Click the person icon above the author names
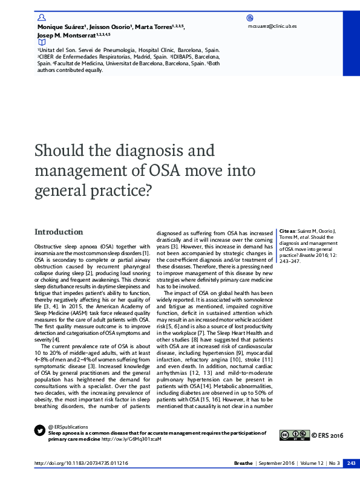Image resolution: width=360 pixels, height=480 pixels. click(41, 19)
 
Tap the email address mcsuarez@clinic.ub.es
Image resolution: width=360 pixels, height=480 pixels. click(272, 27)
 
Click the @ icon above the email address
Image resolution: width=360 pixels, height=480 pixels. click(250, 19)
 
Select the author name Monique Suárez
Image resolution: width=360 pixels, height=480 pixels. click(61, 28)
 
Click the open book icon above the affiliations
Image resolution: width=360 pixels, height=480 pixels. click(41, 43)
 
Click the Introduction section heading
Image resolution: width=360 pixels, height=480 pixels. click(59, 232)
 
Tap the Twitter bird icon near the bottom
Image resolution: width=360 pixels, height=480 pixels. click(41, 431)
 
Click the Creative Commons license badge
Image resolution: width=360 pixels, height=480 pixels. click(294, 435)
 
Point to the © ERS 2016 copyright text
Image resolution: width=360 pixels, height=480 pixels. click(327, 435)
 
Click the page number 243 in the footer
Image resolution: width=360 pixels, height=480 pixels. click(350, 463)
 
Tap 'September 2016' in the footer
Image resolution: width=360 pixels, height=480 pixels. click(275, 463)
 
